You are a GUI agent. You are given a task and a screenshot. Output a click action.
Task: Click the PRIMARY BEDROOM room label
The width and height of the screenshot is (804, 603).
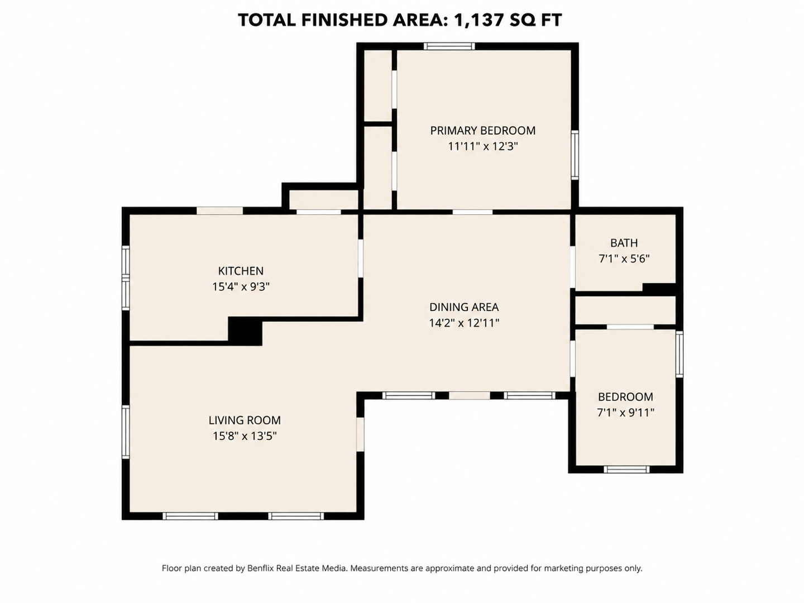click(x=482, y=131)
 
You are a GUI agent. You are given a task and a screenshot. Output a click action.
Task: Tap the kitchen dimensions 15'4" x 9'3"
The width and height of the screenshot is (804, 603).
click(x=241, y=286)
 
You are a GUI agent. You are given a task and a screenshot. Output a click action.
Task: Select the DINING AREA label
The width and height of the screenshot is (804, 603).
click(x=464, y=307)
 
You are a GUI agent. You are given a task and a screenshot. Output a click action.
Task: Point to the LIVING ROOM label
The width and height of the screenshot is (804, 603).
click(x=245, y=420)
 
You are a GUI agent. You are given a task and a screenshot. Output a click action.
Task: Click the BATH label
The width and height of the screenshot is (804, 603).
click(x=624, y=243)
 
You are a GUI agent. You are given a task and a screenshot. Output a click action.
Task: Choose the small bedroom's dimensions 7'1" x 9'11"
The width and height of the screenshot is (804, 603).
click(x=625, y=413)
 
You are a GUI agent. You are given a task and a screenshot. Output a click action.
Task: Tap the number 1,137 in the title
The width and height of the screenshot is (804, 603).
click(x=478, y=20)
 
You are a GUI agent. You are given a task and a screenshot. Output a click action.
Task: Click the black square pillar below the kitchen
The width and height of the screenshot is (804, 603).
click(x=245, y=331)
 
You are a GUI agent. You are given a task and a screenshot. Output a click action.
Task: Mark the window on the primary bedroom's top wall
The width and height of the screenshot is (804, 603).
click(x=449, y=46)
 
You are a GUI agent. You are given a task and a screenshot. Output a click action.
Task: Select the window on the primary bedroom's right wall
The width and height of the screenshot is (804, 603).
click(x=575, y=155)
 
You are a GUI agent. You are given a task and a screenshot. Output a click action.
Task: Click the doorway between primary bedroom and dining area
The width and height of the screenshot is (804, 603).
click(x=472, y=212)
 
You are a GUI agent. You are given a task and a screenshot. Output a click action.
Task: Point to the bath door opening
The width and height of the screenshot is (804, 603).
click(x=572, y=267)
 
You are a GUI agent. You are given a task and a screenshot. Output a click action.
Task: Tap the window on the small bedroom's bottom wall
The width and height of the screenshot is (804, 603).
click(x=626, y=470)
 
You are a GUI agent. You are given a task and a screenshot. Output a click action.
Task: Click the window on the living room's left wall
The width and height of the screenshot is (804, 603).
click(x=126, y=432)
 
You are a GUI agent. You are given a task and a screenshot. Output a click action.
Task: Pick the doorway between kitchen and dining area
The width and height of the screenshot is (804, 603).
click(x=361, y=259)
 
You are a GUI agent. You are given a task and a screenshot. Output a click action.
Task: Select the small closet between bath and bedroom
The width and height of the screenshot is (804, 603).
click(x=625, y=310)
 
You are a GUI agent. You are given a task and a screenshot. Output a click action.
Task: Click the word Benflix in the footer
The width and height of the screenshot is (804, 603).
click(x=260, y=568)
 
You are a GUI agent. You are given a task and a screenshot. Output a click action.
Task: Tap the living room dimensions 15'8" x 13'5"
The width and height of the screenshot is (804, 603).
click(x=245, y=437)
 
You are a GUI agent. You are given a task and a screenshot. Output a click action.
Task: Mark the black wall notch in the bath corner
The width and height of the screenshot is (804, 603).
click(x=659, y=288)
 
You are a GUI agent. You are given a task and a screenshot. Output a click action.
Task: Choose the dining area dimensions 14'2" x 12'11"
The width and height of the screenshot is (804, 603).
click(x=464, y=323)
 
